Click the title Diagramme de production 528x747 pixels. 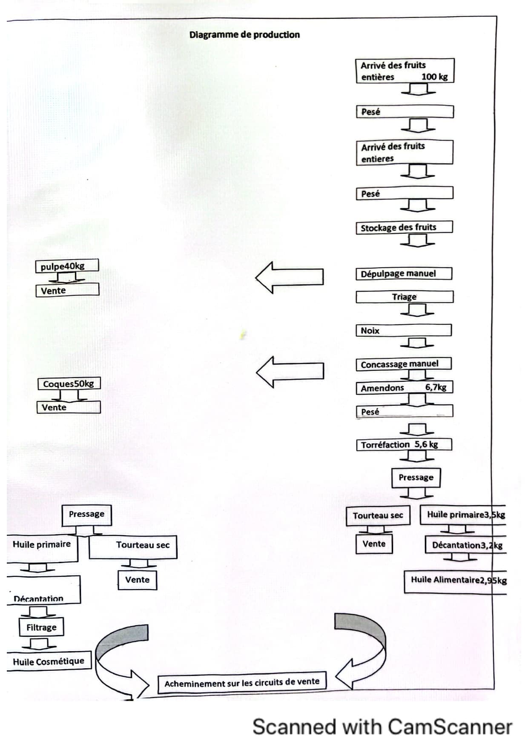point(244,35)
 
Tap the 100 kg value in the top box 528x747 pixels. point(434,77)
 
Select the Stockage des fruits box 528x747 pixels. point(404,227)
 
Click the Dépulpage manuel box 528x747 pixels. point(404,274)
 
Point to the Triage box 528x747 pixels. point(404,297)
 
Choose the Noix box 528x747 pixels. point(403,330)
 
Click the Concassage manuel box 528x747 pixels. point(403,364)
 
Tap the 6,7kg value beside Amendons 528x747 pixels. point(436,387)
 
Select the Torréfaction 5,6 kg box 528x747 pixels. point(403,445)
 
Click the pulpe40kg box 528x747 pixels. point(67,266)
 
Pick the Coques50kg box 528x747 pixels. point(69,384)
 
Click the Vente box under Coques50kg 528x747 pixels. point(69,407)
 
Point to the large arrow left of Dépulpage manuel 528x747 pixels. point(289,277)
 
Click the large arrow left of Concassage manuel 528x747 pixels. point(290,371)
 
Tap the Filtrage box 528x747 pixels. point(41,627)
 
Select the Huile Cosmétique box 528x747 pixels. point(49,661)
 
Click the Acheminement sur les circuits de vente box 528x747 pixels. point(242,683)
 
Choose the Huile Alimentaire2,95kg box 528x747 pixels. point(456,580)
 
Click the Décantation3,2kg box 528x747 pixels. point(466,545)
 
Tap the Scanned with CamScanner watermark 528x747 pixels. point(382,727)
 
